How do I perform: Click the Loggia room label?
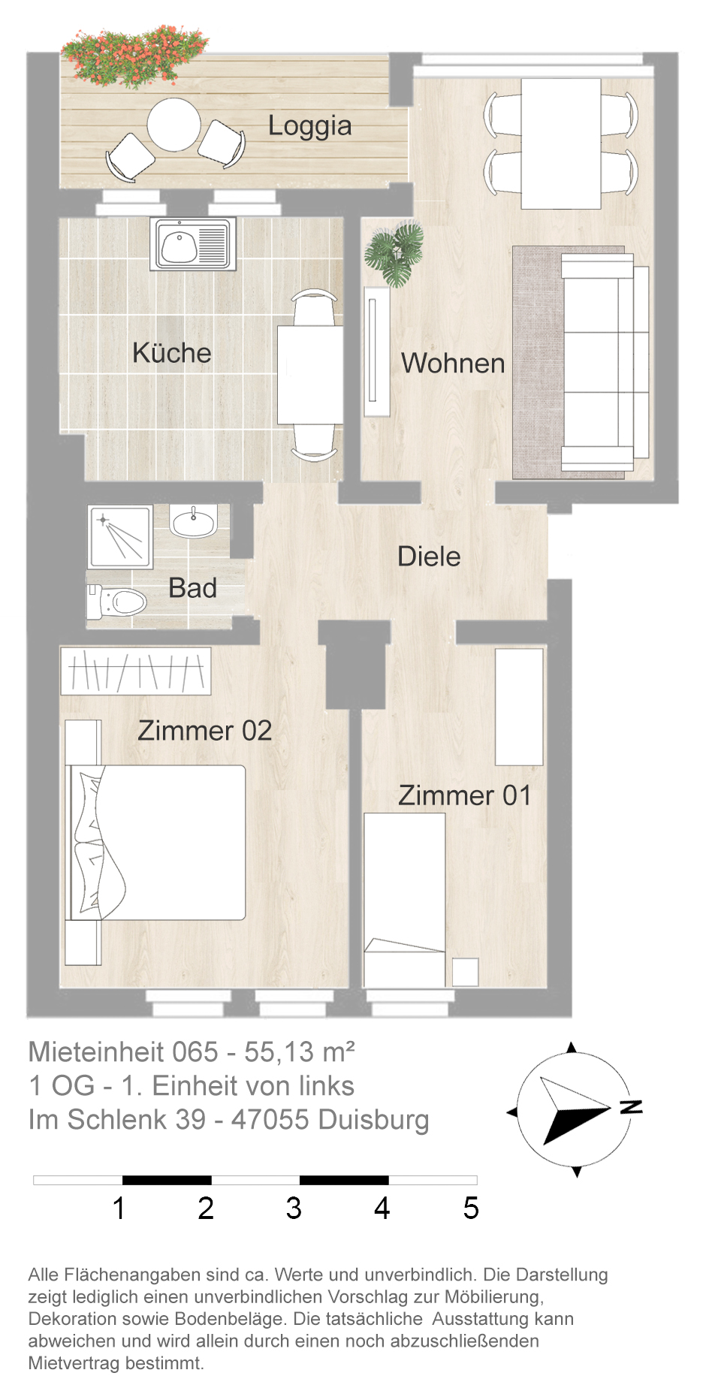[309, 126]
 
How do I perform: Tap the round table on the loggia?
[173, 125]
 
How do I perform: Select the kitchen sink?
[193, 244]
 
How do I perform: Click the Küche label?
[171, 353]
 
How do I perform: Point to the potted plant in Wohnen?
[394, 254]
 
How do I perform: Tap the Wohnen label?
[453, 364]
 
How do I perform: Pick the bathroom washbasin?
[194, 520]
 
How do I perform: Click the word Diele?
[429, 557]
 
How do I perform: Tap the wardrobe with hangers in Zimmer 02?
[136, 671]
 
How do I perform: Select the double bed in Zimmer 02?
[157, 842]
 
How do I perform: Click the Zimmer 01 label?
[464, 795]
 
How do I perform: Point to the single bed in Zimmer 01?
[404, 900]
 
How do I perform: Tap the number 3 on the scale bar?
[294, 1208]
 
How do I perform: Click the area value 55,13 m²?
[299, 1052]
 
